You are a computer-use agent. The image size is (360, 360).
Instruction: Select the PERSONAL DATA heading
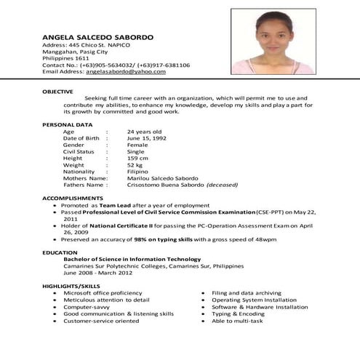tap(65, 125)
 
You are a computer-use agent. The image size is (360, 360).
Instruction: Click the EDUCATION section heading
tap(60, 252)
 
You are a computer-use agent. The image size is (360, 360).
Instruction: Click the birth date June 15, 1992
tap(147, 138)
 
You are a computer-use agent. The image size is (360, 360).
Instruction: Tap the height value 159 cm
tap(138, 158)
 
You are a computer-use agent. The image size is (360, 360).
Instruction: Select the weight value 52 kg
tap(135, 165)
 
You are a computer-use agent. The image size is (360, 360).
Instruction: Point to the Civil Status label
tap(79, 151)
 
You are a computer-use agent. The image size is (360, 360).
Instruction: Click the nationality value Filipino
tap(138, 172)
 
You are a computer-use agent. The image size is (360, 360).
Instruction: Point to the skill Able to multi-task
tap(240, 320)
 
